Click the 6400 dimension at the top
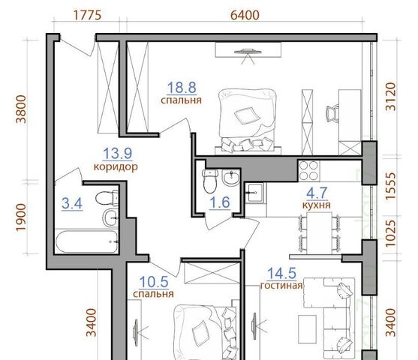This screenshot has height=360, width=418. [245, 15]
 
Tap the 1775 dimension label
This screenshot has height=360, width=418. [87, 15]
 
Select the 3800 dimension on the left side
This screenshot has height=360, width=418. [21, 109]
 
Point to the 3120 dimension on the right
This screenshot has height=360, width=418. [391, 97]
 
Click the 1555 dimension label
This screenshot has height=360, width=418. [391, 186]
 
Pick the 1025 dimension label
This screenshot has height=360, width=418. [391, 233]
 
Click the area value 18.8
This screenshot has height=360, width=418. [182, 88]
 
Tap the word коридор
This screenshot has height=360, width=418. [116, 166]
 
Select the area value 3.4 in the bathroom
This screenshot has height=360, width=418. [72, 204]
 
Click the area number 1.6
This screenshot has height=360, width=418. [220, 202]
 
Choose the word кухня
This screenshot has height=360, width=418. [317, 205]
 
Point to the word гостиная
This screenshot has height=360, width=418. [281, 286]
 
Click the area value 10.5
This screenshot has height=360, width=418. [154, 282]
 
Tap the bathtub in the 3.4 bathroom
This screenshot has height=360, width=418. [87, 241]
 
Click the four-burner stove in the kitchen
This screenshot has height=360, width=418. [309, 170]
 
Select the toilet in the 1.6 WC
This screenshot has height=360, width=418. [209, 181]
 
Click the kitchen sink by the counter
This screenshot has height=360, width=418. [254, 192]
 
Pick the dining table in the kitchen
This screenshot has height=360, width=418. [320, 233]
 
